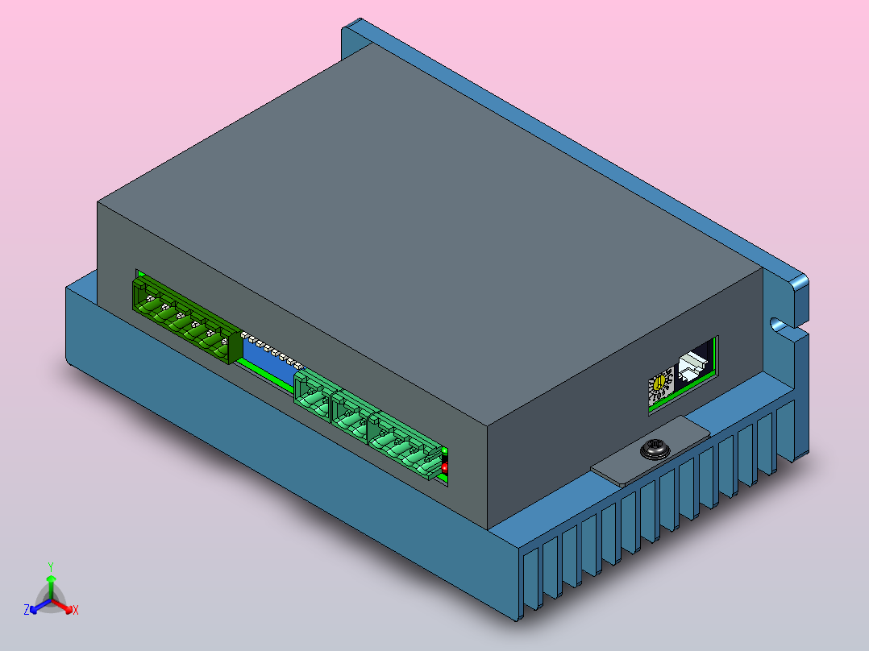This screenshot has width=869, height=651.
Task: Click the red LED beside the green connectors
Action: point(445,467)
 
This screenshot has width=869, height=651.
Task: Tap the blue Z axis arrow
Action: point(37,607)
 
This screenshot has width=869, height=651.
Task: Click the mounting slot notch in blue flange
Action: point(779,325)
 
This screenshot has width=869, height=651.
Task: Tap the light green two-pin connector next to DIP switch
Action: point(312,395)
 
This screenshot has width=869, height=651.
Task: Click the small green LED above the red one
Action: point(444,458)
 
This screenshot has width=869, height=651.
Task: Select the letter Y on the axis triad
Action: point(50,566)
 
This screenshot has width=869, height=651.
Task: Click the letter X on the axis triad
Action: point(76,611)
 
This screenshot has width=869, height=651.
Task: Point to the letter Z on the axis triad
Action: point(27,610)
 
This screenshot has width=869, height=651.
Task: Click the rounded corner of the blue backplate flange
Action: point(799,284)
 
